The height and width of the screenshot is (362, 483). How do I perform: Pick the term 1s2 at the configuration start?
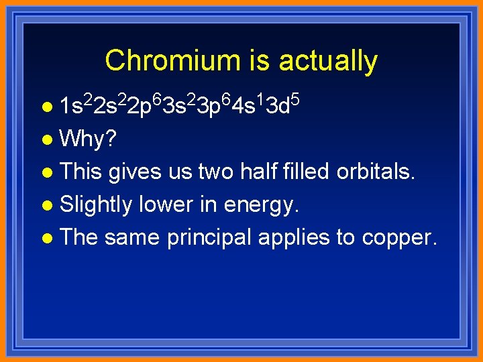pos(74,105)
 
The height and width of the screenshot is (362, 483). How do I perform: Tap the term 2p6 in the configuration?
pos(144,105)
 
